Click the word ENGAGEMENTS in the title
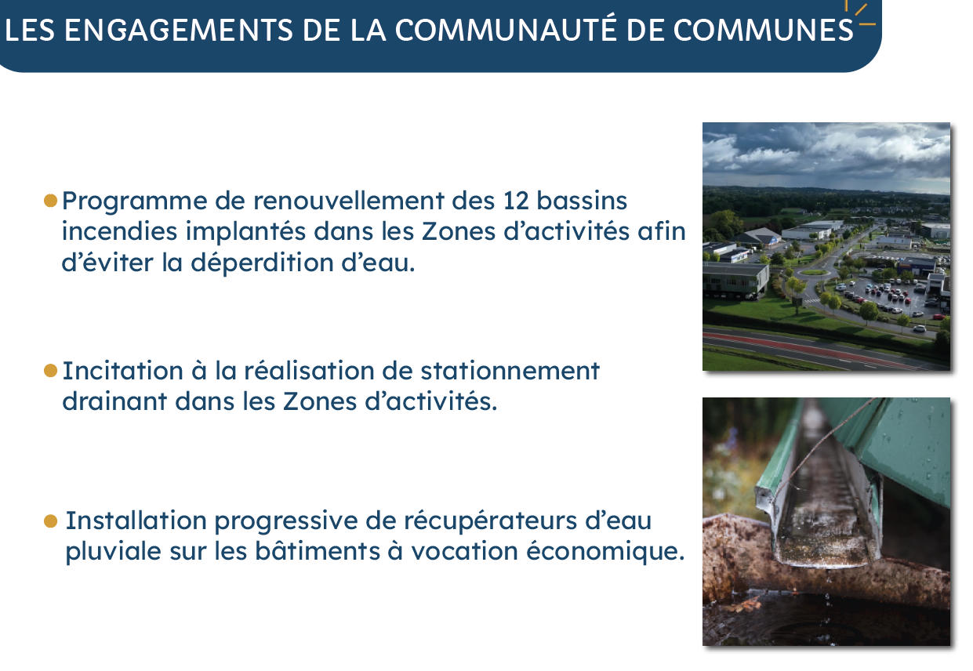(x=179, y=31)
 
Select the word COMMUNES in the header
(x=763, y=31)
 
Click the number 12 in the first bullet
(x=516, y=201)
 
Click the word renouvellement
(x=348, y=201)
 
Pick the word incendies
(x=119, y=230)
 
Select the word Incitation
(x=123, y=371)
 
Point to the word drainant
(x=114, y=401)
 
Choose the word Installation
(x=136, y=520)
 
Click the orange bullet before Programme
(x=51, y=201)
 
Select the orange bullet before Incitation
(x=51, y=371)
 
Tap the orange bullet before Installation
(x=51, y=521)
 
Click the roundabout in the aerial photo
(x=813, y=273)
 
